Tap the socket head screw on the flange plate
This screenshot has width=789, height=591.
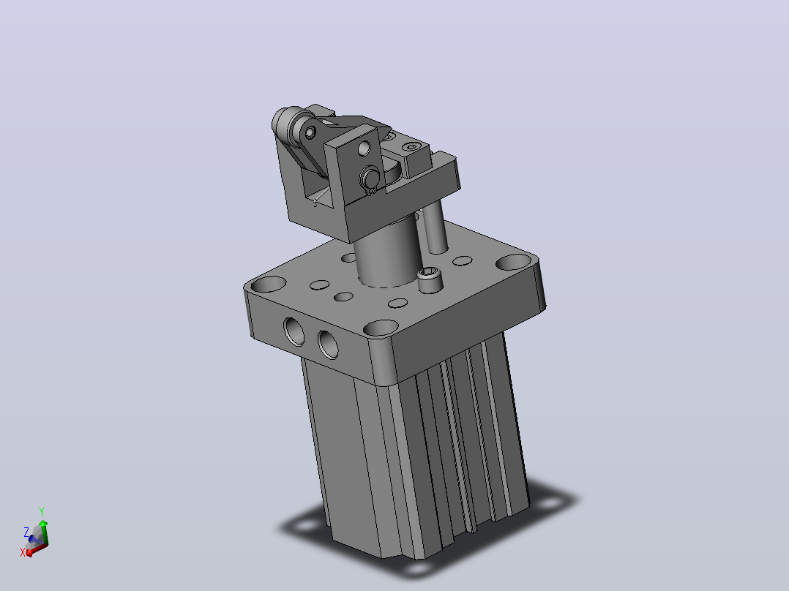point(430,279)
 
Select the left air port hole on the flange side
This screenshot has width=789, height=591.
point(294,331)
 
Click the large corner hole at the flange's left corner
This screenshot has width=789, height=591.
point(268,285)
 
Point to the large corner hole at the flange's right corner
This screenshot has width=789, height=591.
point(514,262)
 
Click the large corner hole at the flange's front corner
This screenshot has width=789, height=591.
point(381,328)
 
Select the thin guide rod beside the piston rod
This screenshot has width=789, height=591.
point(435,226)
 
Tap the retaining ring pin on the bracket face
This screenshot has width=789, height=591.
point(370,178)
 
